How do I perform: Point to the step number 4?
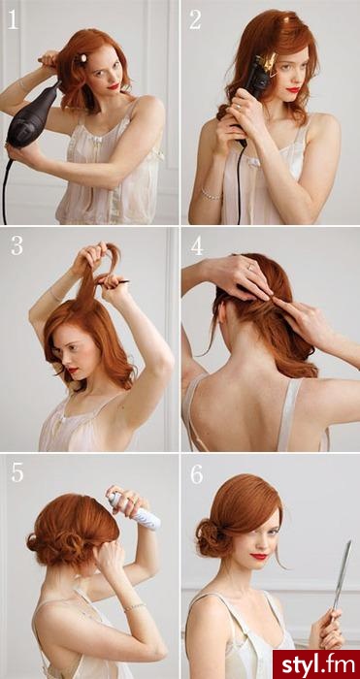[197, 245]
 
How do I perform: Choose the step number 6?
[197, 474]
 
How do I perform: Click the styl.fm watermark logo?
[316, 664]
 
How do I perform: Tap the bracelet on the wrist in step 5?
[134, 606]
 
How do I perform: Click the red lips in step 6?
[259, 556]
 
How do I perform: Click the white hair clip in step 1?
[82, 58]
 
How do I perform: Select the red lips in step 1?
[114, 86]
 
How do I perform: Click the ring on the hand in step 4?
[250, 267]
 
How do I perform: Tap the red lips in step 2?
[293, 89]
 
